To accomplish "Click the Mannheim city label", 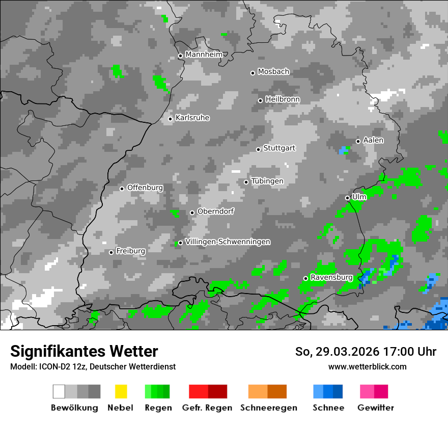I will coord(204,55).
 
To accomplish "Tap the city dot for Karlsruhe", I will coord(171,119).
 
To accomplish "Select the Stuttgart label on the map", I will coord(279,148).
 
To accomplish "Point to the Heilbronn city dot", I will coord(261,100).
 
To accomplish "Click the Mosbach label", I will coord(273,72).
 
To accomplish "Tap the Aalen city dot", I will coord(358,141).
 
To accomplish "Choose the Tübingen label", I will coord(267,181).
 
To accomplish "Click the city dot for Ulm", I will coord(348,198).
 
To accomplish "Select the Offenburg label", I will coord(145,188).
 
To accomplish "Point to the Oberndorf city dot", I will coord(192,213).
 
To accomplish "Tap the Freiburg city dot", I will coord(111,252).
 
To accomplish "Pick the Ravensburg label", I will coord(331,278).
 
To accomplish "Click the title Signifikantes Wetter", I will coord(84,352).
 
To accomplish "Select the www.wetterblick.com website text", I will coord(368,366).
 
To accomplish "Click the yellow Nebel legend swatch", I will coord(121,391).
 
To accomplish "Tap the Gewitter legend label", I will coord(376,408).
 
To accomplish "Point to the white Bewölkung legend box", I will coord(59,391).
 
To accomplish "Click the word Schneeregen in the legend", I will coord(269,408).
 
